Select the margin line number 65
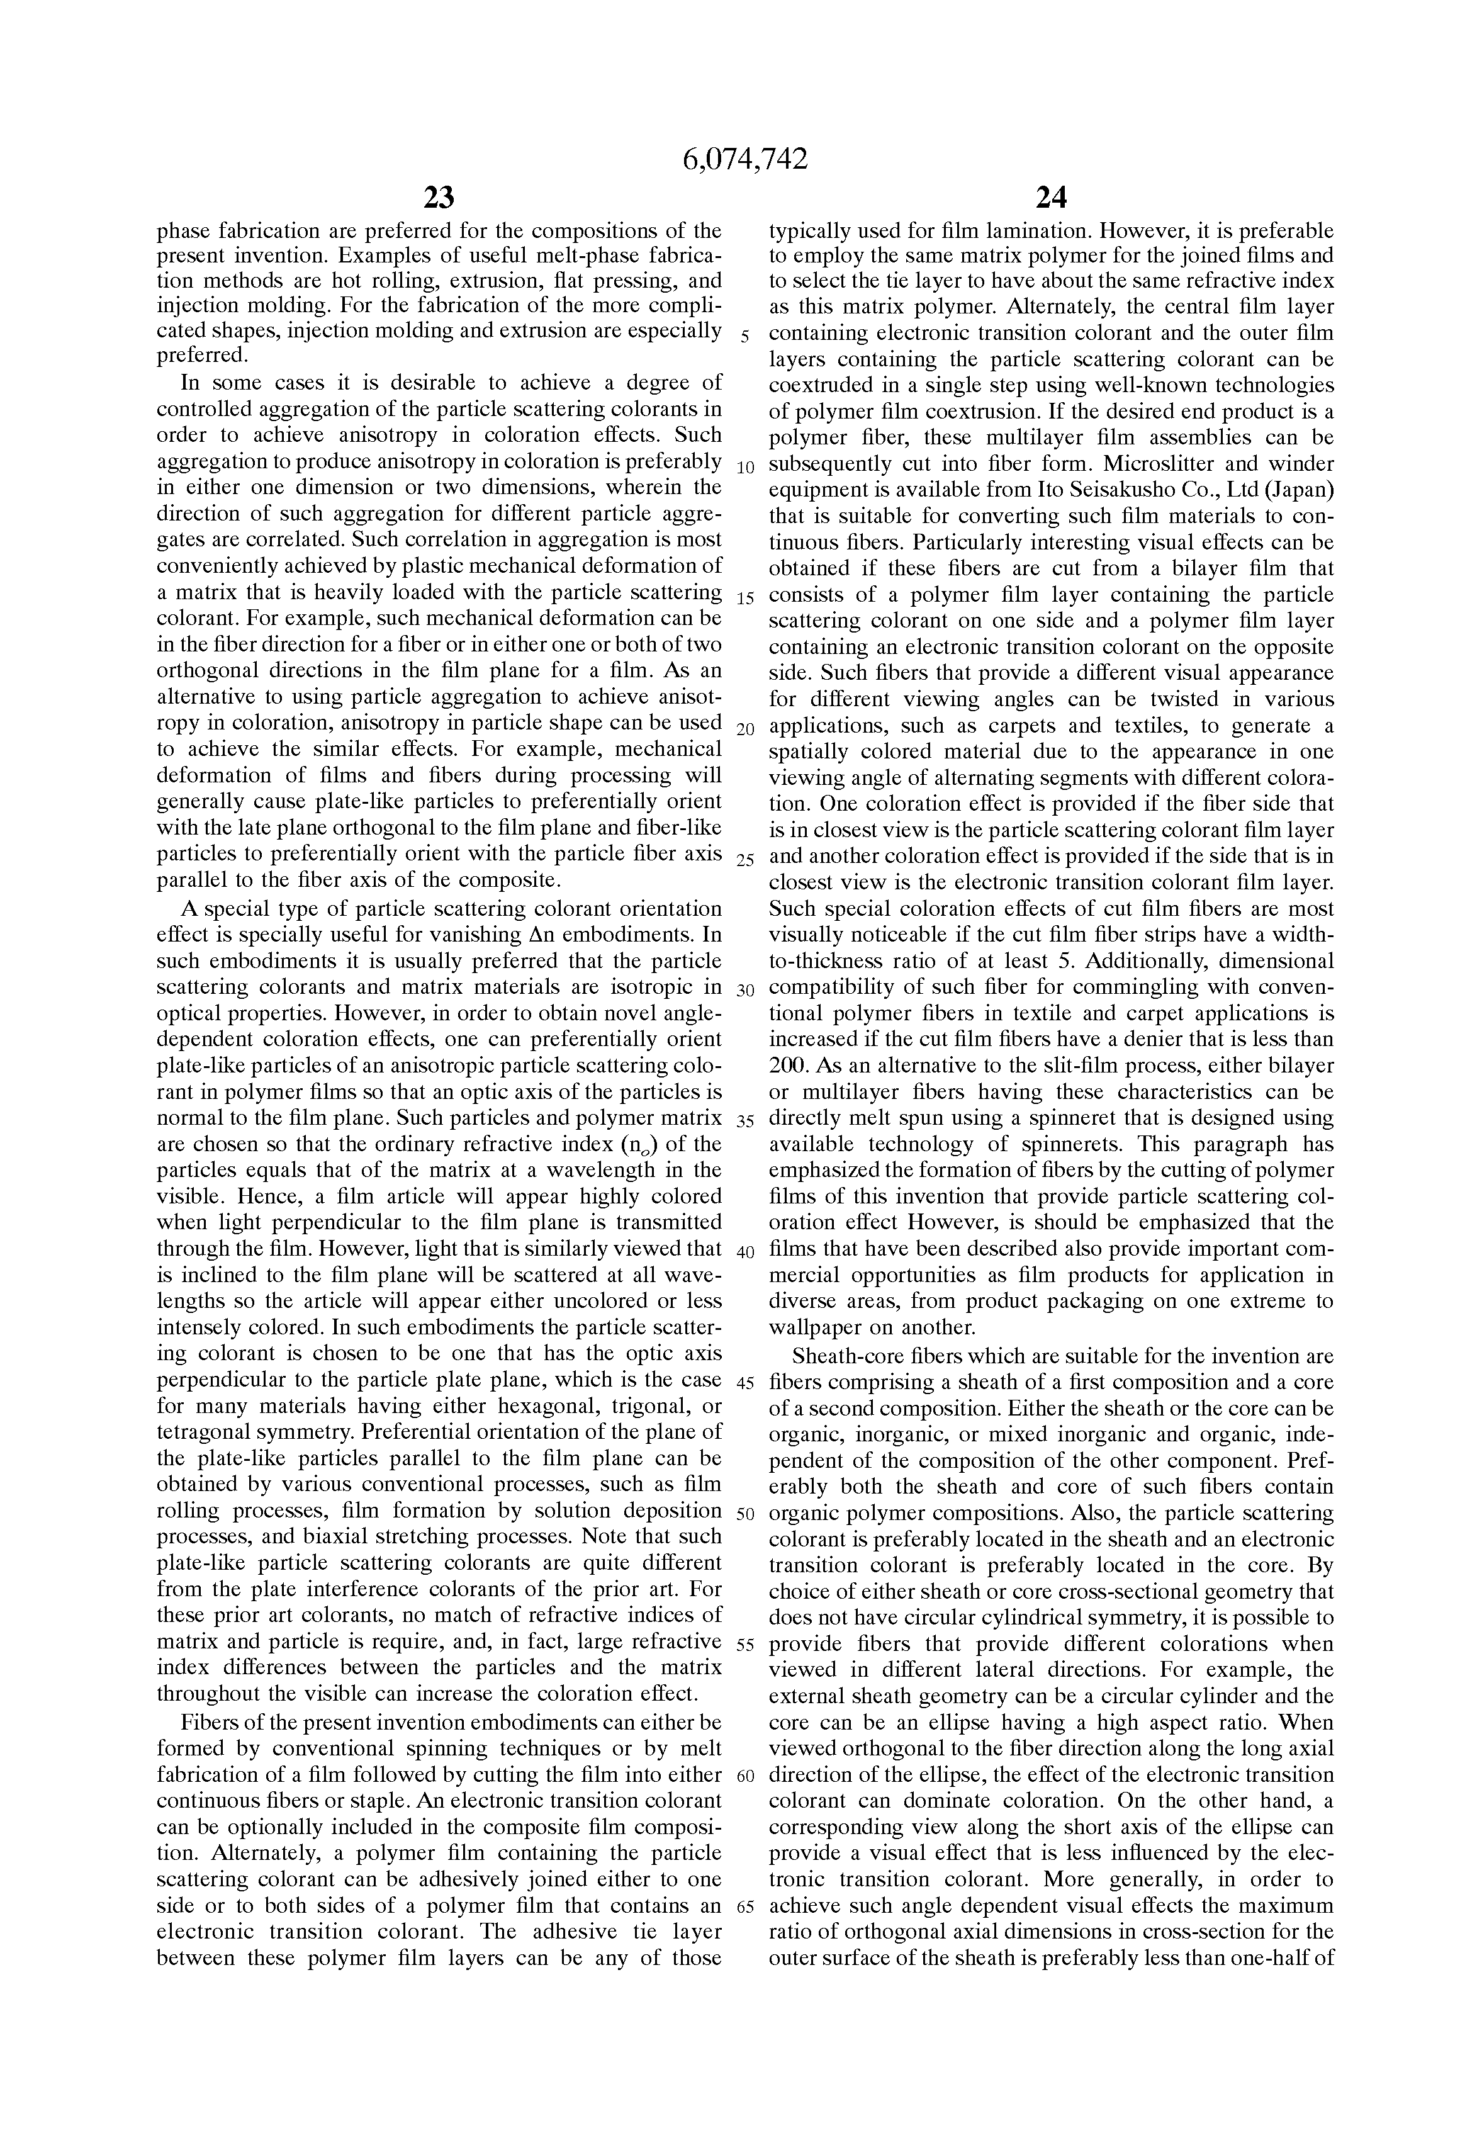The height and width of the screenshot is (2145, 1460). (x=746, y=1909)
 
